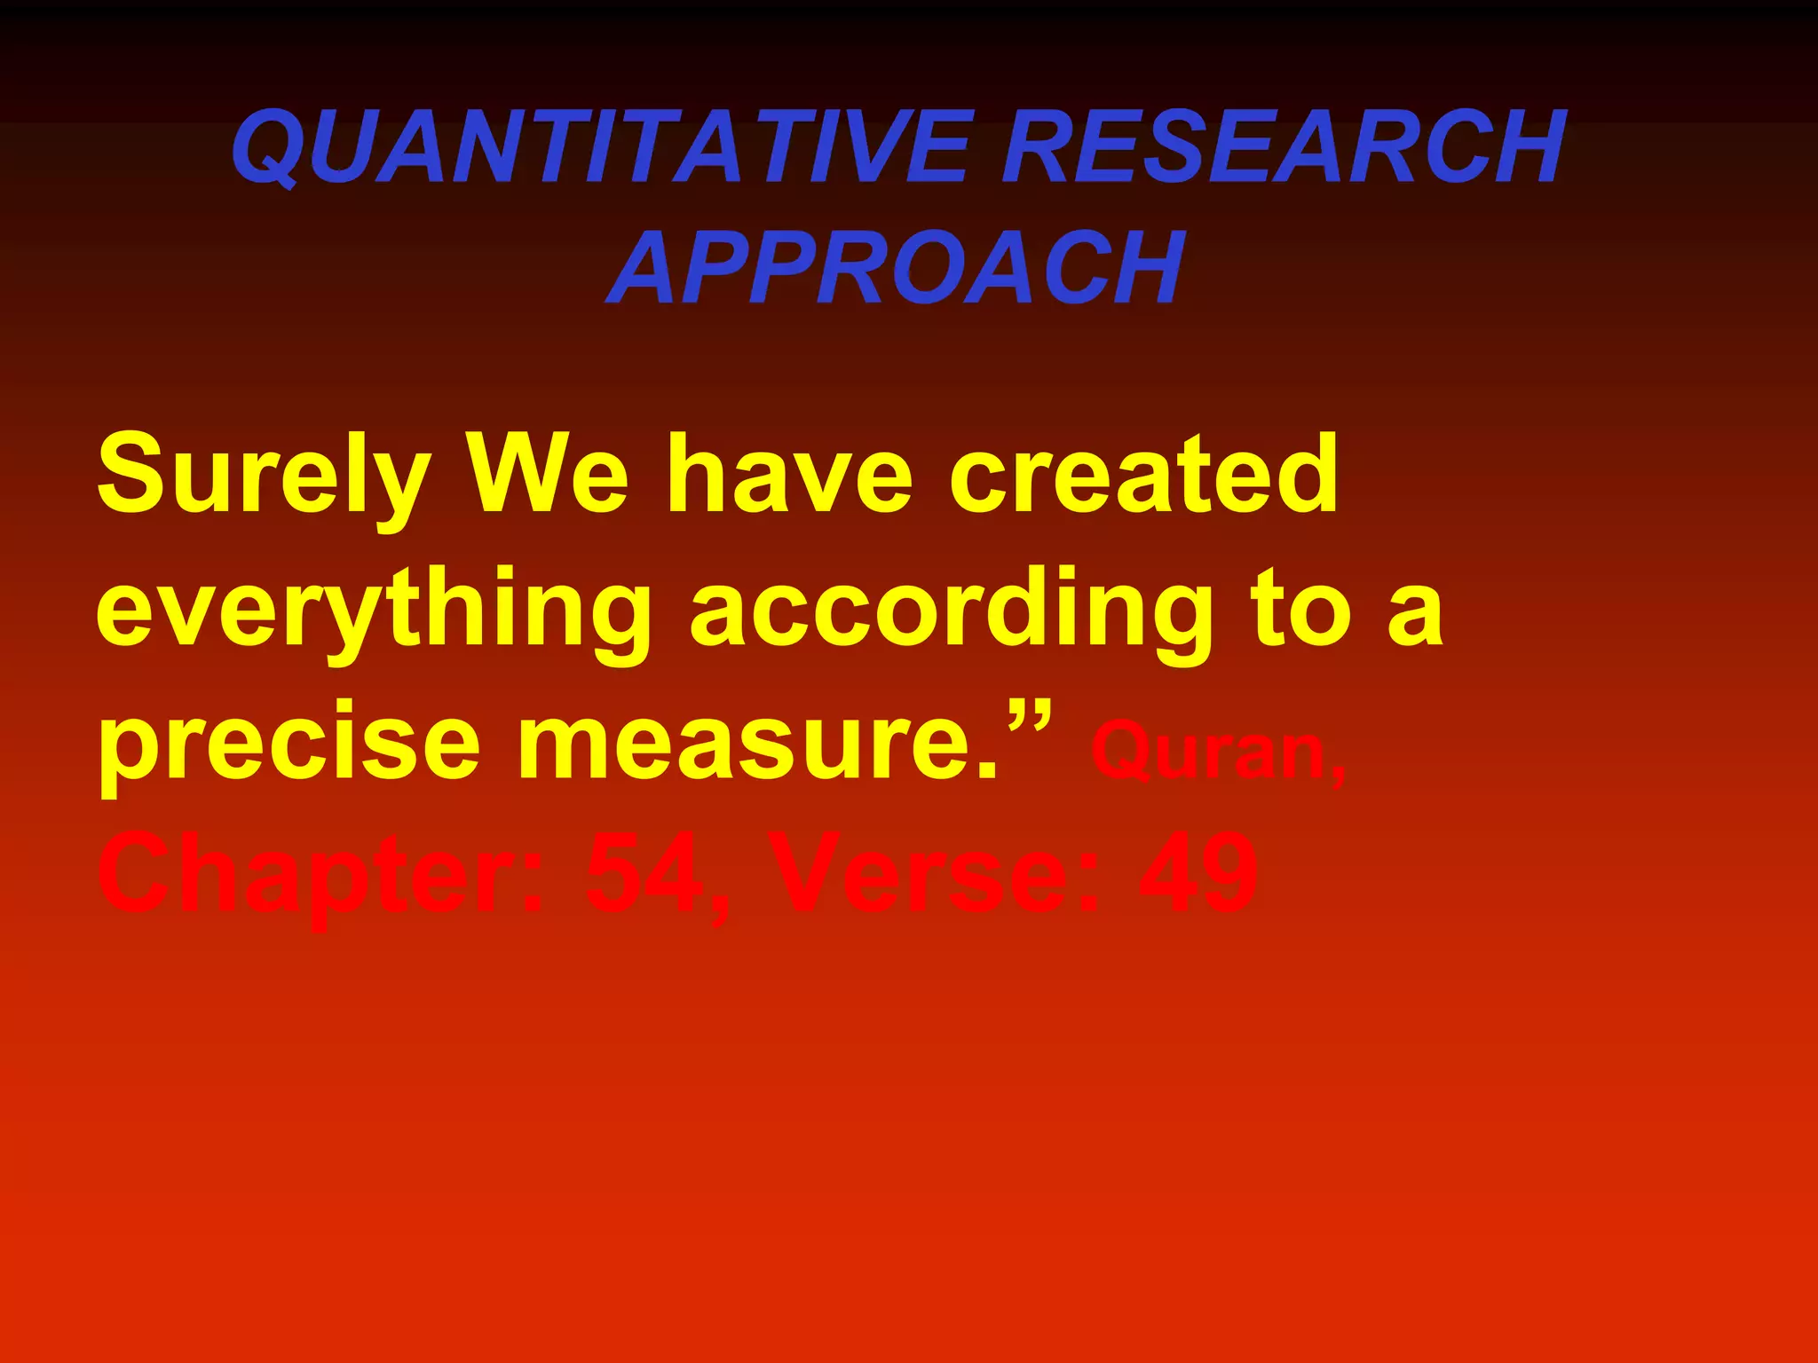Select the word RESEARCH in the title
pyautogui.click(x=1284, y=146)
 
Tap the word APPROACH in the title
pyautogui.click(x=897, y=267)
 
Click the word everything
pyautogui.click(x=374, y=612)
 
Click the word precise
pyautogui.click(x=289, y=745)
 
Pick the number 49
pyautogui.click(x=1198, y=875)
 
